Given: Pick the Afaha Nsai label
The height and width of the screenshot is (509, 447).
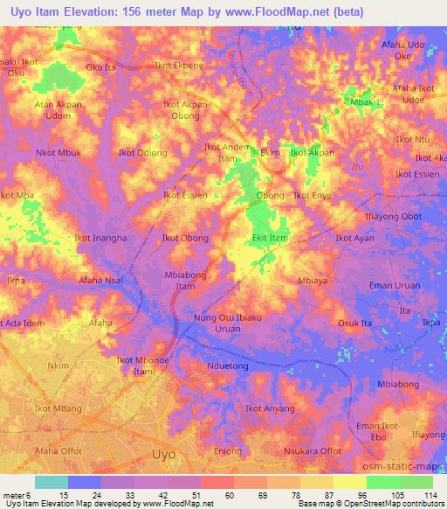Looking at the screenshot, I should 100,282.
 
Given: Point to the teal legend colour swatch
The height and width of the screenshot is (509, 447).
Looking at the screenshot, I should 52,482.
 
